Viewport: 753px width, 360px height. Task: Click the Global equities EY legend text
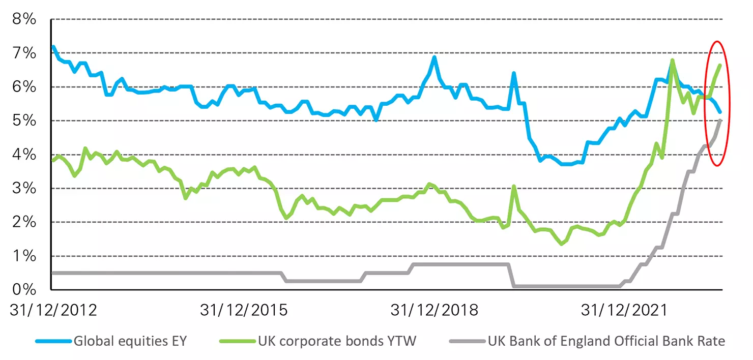tap(130, 341)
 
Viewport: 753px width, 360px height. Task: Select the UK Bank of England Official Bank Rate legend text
tap(606, 341)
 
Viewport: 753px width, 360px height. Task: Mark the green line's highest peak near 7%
tap(672, 60)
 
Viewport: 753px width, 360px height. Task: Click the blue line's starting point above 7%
tap(53, 47)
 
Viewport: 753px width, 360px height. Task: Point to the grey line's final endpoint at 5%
tap(720, 121)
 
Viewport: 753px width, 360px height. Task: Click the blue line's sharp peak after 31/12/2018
tap(514, 73)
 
